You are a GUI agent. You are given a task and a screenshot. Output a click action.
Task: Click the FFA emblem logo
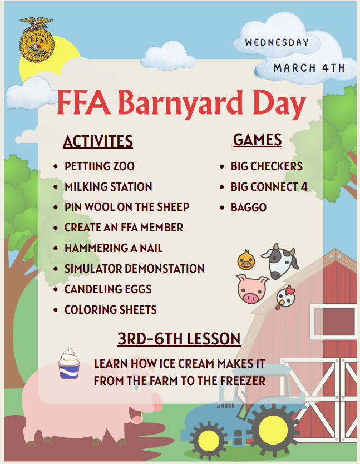(37, 40)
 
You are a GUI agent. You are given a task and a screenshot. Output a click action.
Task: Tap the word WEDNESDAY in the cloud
(277, 42)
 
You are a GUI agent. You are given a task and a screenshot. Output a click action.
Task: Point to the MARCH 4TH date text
(309, 68)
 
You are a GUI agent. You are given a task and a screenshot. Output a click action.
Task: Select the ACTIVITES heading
(98, 141)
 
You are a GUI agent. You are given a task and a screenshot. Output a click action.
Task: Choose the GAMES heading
(257, 140)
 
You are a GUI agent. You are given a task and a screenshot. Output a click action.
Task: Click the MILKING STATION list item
(108, 187)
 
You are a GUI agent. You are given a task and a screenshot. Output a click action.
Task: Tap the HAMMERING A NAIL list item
(114, 248)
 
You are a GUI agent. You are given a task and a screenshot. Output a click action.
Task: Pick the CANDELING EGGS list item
(108, 289)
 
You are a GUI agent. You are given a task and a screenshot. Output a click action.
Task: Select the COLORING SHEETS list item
(110, 309)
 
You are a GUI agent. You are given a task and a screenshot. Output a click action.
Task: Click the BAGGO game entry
(249, 208)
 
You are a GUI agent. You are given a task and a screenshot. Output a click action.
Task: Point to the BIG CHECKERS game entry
(267, 166)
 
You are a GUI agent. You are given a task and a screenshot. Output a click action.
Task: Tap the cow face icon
(280, 260)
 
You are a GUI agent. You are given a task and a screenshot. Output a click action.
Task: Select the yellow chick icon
(245, 260)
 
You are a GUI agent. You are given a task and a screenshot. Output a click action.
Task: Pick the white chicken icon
(285, 297)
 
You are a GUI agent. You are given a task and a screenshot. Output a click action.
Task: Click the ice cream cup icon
(69, 363)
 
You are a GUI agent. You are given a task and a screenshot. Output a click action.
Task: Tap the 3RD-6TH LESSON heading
(179, 338)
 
